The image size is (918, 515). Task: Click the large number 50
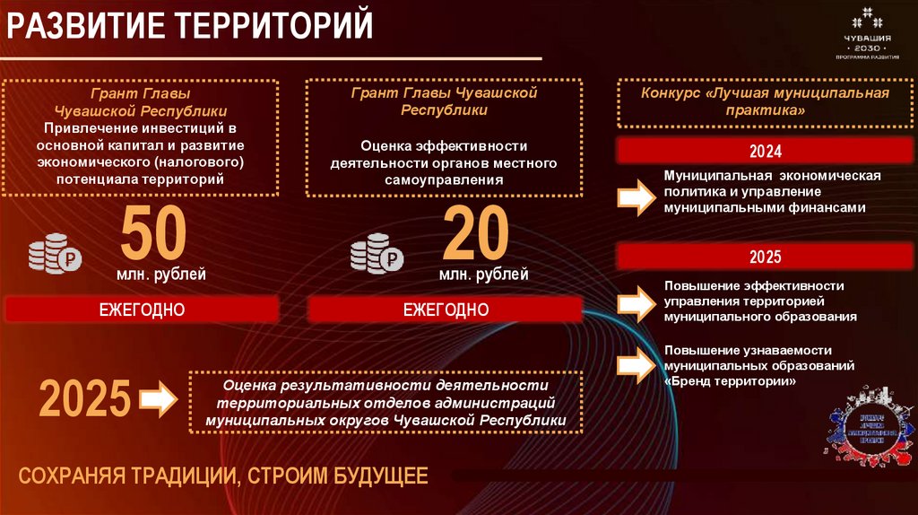[x=153, y=233]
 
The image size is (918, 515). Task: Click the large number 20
[x=475, y=233]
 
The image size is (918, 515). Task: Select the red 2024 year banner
[x=766, y=151]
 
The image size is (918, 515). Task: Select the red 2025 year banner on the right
[x=766, y=257]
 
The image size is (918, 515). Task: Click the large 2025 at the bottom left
[x=84, y=399]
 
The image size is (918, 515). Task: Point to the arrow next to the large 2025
[x=160, y=399]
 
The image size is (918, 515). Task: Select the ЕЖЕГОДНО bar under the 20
[x=446, y=310]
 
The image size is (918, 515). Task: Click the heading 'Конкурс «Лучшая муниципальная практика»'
[x=765, y=100]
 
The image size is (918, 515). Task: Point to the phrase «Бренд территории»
[x=731, y=380]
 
